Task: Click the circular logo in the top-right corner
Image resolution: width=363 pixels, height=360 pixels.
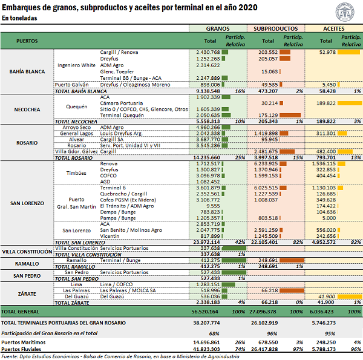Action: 348,11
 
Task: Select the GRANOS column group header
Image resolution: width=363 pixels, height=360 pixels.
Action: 217,28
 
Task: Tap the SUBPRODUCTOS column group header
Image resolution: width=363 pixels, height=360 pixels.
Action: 275,28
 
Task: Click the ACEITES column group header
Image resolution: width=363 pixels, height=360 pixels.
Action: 333,28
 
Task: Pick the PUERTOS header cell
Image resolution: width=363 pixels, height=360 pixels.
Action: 28,41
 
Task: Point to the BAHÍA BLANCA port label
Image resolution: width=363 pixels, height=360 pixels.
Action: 27,71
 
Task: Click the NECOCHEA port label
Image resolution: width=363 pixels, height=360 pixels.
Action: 27,110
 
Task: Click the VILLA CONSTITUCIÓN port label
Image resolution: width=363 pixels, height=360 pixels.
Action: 27,251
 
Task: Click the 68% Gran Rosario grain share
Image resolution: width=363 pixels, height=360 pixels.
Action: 214,333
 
